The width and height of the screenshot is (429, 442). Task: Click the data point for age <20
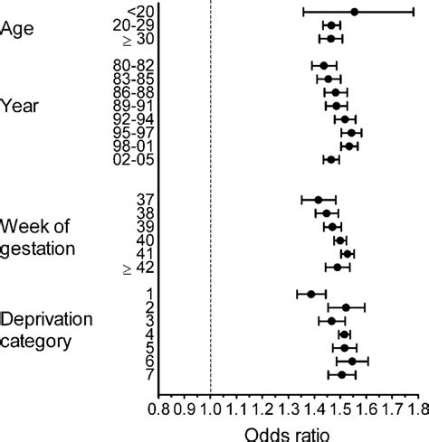pos(354,12)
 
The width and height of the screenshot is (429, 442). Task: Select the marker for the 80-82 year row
pos(323,65)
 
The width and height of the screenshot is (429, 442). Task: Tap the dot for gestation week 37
pos(318,200)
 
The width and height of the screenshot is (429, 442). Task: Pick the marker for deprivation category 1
pos(310,293)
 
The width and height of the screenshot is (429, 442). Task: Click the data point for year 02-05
pos(330,159)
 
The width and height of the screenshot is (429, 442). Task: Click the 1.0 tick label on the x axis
pos(210,408)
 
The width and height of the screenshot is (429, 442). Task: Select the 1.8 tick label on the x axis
pos(415,408)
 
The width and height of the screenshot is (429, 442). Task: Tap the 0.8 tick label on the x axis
pos(159,408)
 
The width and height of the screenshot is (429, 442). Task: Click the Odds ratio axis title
pos(288,433)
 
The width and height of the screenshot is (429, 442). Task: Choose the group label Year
pos(19,106)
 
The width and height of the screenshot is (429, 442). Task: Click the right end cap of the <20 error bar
pos(414,12)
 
